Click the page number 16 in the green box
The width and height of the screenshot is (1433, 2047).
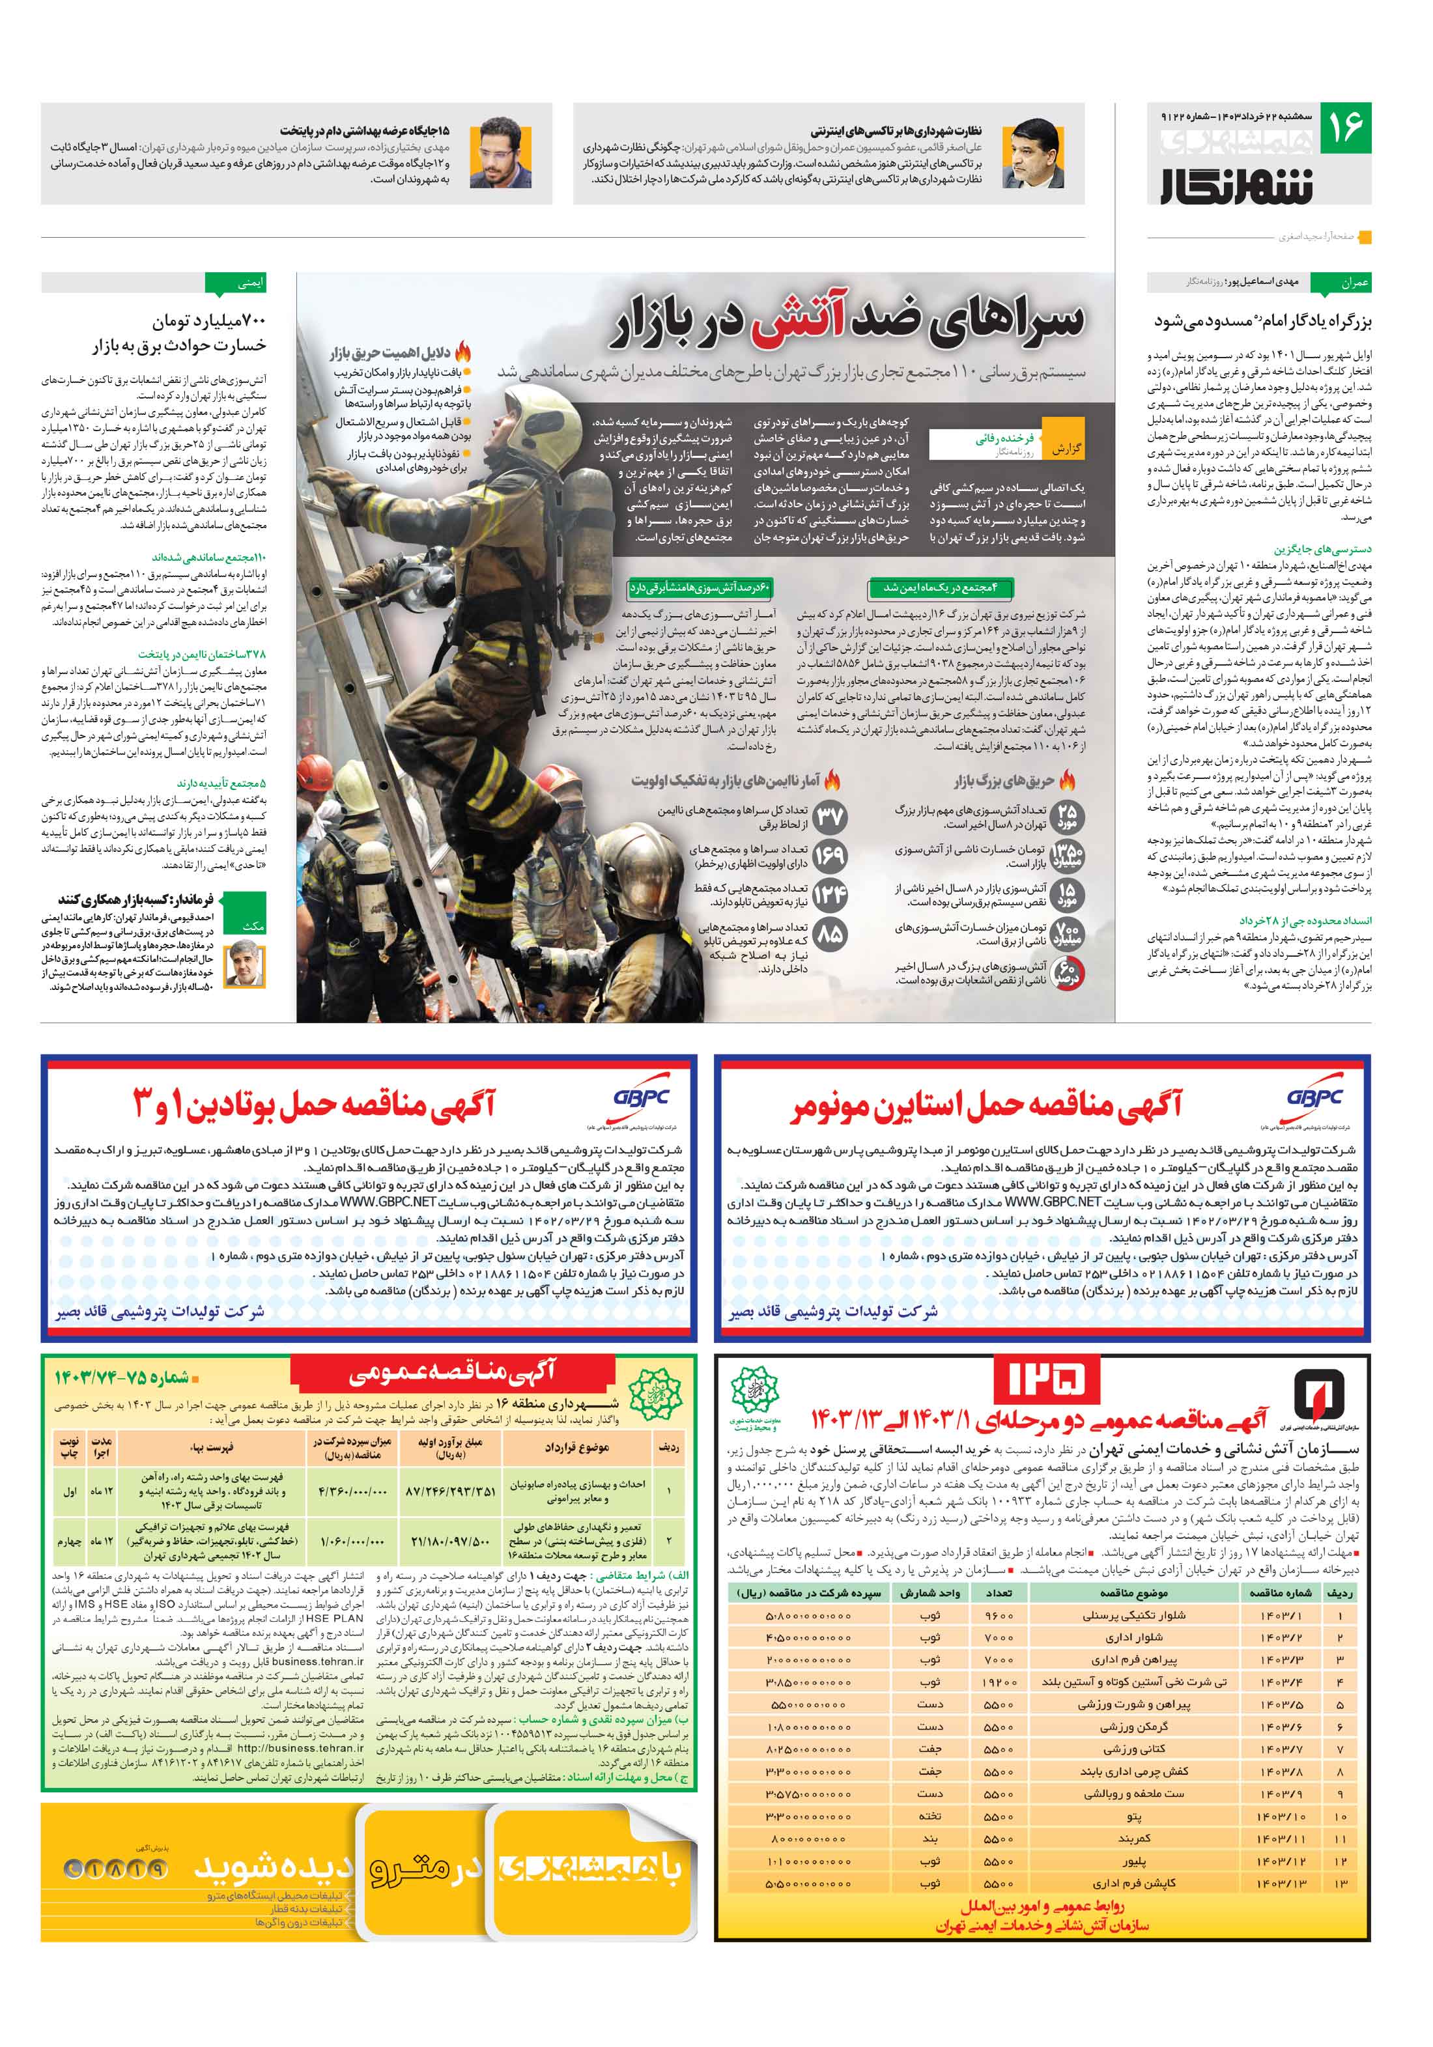click(x=1344, y=128)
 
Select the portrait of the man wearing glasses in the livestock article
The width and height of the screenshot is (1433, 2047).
click(x=500, y=152)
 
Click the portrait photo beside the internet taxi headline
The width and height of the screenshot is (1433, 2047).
click(x=1032, y=152)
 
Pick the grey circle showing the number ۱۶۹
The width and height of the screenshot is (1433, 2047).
click(x=829, y=856)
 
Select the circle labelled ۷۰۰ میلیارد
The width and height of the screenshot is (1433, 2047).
click(x=1066, y=933)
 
